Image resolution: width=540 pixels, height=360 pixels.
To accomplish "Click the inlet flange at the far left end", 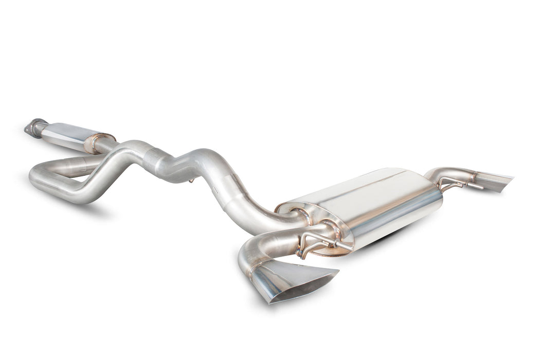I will coord(31,128).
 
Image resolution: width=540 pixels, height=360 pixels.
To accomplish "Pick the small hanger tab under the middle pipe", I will coord(191,180).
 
